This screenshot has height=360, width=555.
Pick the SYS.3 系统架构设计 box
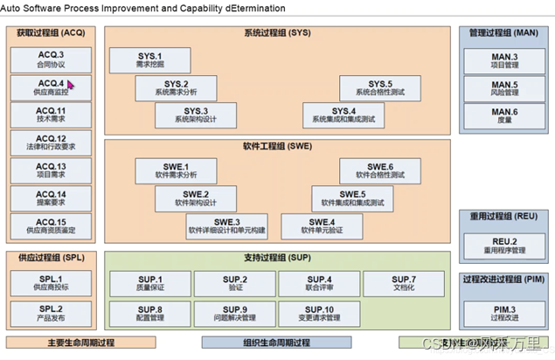click(191, 114)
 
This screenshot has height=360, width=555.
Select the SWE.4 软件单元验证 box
click(322, 226)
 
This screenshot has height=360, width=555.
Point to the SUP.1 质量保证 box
click(149, 283)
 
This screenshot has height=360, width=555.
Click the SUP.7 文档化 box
click(404, 283)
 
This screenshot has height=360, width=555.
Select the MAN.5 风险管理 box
click(504, 87)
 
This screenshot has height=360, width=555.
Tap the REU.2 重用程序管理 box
click(504, 245)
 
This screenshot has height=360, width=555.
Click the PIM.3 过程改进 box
click(504, 313)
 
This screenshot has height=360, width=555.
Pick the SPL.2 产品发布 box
click(49, 313)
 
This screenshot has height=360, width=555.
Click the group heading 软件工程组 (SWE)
click(277, 146)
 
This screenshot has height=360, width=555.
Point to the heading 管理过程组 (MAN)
click(503, 33)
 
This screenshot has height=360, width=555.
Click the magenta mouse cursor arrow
click(71, 86)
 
